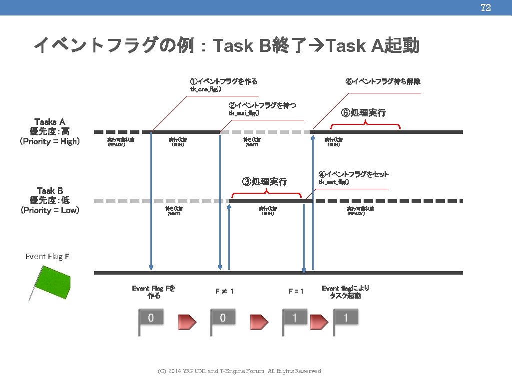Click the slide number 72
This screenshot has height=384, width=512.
pyautogui.click(x=485, y=7)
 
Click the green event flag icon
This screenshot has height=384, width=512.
pyautogui.click(x=50, y=282)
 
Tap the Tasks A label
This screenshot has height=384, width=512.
pyautogui.click(x=49, y=121)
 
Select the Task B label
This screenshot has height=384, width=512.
pyautogui.click(x=49, y=190)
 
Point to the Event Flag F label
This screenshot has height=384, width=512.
pyautogui.click(x=47, y=257)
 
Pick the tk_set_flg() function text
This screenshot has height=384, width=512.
pyautogui.click(x=334, y=182)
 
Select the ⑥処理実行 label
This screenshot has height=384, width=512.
pyautogui.click(x=363, y=113)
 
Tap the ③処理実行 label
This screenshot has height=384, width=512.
pyautogui.click(x=265, y=181)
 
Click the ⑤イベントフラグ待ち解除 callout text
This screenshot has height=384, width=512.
pyautogui.click(x=383, y=81)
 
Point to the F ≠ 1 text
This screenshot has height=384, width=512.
pyautogui.click(x=224, y=291)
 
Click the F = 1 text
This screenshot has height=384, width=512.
pyautogui.click(x=296, y=291)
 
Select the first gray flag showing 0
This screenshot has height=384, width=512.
pyautogui.click(x=150, y=320)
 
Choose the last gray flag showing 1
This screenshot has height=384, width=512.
pyautogui.click(x=345, y=320)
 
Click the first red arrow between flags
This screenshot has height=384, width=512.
pyautogui.click(x=188, y=322)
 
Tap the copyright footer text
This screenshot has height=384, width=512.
pyautogui.click(x=239, y=371)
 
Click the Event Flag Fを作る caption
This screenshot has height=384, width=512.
pyautogui.click(x=154, y=292)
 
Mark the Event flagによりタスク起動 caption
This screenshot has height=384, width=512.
pyautogui.click(x=345, y=292)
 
